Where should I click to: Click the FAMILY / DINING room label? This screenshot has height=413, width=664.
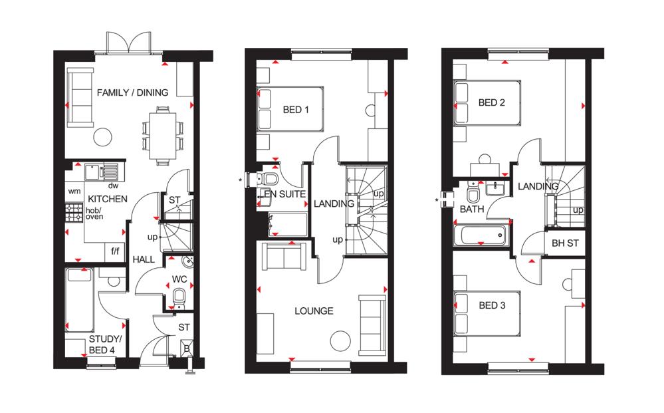click(132, 92)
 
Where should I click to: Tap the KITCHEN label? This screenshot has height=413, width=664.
click(108, 199)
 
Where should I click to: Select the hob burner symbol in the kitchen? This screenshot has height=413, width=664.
click(74, 213)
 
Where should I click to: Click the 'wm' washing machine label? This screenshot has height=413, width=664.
click(74, 192)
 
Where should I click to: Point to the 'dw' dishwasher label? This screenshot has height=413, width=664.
click(113, 186)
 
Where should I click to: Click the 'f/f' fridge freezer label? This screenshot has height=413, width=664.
click(115, 251)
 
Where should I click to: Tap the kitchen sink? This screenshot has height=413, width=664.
click(102, 172)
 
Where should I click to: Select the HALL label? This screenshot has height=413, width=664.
click(144, 259)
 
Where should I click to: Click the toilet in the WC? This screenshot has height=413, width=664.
click(179, 297)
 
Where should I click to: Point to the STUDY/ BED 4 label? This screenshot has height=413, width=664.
click(104, 344)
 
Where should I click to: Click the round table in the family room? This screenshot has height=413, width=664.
click(103, 137)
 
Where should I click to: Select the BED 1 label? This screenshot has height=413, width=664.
click(296, 110)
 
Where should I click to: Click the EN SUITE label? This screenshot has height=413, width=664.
click(284, 194)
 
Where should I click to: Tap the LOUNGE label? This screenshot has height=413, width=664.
click(314, 311)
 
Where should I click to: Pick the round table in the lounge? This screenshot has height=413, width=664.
click(340, 341)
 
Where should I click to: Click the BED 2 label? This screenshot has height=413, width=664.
click(491, 102)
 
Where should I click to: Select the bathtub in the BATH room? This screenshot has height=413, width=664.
click(480, 235)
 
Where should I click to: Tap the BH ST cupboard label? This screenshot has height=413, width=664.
click(565, 243)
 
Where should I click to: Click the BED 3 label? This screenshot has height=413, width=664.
click(492, 305)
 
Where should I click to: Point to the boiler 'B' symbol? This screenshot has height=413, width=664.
click(187, 348)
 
